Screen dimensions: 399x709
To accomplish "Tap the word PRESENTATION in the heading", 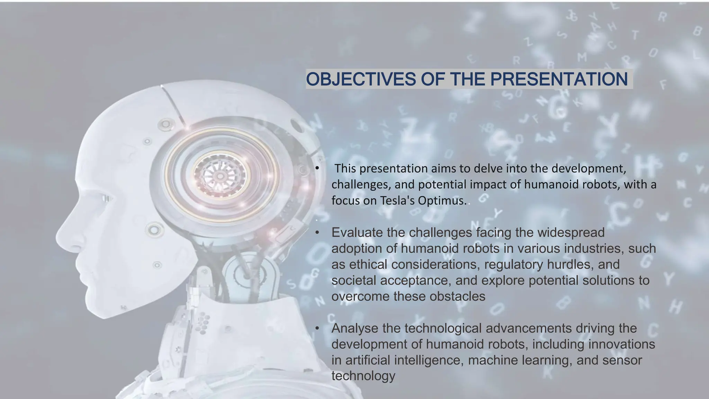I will tap(559, 79).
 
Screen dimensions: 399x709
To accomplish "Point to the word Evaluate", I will tap(357, 232).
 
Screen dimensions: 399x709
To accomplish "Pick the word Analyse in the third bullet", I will tap(354, 328).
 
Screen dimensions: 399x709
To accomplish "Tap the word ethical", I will tap(368, 264).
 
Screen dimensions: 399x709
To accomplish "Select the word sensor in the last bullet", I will tap(622, 360).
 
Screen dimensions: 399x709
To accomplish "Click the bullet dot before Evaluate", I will tap(317, 232).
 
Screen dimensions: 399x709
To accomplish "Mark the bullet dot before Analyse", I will tap(317, 328).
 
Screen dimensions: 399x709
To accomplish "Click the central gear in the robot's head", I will tap(220, 176).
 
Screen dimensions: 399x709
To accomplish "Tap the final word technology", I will tap(363, 376).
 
